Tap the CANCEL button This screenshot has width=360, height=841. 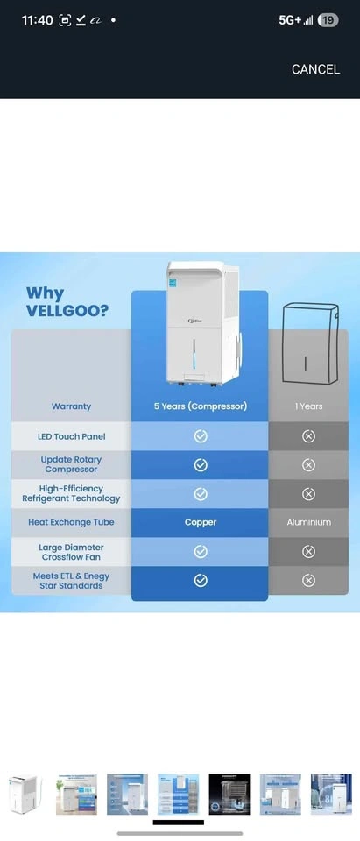[x=315, y=69]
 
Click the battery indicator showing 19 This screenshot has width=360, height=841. [x=328, y=20]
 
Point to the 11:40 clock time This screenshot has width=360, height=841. [x=37, y=20]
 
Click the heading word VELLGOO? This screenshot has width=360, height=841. [x=67, y=310]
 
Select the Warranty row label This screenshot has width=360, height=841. [x=71, y=406]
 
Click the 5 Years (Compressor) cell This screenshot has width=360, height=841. [x=201, y=406]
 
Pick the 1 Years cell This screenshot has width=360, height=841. [x=308, y=406]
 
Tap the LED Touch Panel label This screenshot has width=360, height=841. [x=71, y=436]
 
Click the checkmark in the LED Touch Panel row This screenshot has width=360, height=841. [x=201, y=436]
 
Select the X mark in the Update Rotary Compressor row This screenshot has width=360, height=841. [x=308, y=465]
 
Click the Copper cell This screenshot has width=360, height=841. [x=201, y=522]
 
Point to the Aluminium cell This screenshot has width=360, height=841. [x=308, y=522]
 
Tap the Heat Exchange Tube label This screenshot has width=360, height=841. [x=71, y=522]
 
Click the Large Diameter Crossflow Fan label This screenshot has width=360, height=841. [x=71, y=552]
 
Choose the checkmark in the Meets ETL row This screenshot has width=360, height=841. [x=201, y=580]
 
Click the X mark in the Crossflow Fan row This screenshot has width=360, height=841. [x=308, y=551]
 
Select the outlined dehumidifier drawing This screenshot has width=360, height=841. [x=311, y=343]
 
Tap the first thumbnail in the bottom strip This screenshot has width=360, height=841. [x=23, y=795]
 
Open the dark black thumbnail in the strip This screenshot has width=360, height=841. [x=229, y=795]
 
